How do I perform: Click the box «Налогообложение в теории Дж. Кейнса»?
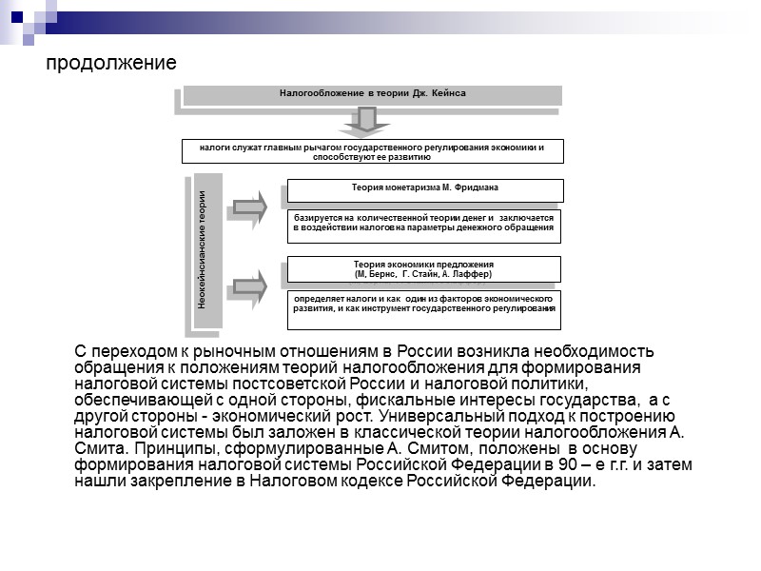(x=372, y=94)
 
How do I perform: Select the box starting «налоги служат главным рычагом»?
(x=372, y=151)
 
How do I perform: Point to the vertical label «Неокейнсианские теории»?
(x=202, y=250)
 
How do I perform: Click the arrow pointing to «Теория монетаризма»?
(x=250, y=207)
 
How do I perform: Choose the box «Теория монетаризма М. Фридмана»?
(x=424, y=189)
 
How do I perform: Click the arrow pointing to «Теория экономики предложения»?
(x=250, y=284)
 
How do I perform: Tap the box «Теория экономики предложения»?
(x=424, y=268)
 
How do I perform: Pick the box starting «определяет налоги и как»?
(x=424, y=305)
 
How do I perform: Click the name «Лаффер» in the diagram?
(x=472, y=274)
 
